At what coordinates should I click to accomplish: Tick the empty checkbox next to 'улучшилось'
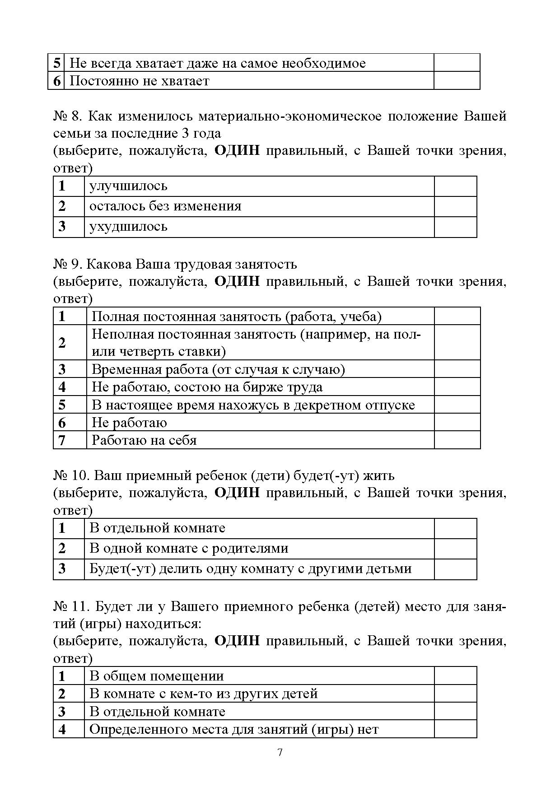click(455, 186)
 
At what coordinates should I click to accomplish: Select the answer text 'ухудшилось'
click(128, 226)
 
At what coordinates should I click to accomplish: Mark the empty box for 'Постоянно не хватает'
click(456, 81)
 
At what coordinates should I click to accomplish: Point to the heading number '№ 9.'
click(67, 264)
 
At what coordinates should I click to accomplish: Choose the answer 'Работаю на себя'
click(144, 440)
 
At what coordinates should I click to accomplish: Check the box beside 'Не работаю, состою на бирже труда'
click(457, 387)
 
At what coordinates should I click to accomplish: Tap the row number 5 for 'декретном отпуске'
click(62, 405)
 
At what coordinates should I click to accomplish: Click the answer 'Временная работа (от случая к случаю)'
click(218, 369)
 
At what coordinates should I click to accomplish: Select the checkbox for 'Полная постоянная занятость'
click(457, 316)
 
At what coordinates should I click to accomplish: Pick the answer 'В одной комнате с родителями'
click(189, 548)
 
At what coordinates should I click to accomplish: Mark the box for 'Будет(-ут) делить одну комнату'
click(455, 569)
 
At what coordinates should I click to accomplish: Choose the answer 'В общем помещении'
click(157, 676)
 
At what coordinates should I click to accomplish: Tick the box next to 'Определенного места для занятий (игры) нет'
click(455, 729)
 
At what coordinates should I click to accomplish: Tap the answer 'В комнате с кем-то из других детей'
click(204, 694)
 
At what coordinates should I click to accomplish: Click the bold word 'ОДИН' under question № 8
click(237, 151)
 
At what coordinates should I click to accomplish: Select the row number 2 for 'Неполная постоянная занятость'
click(62, 343)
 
